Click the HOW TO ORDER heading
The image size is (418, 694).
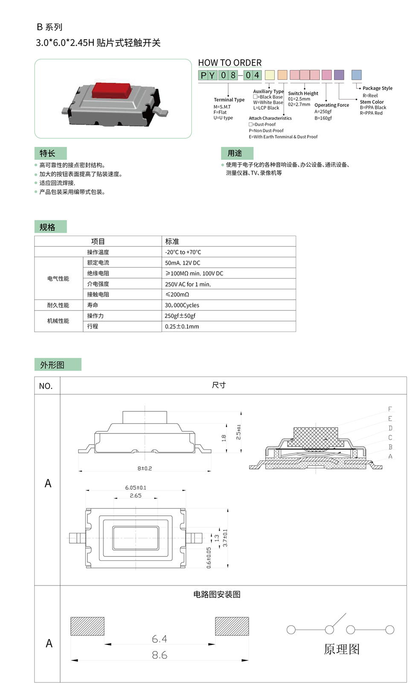[230, 63]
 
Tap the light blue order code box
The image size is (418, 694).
[357, 75]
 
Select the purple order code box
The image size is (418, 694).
[339, 75]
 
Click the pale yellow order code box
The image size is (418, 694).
[270, 75]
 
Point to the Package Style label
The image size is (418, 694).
[377, 88]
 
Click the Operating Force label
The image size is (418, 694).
[331, 105]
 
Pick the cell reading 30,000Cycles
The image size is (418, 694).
[182, 305]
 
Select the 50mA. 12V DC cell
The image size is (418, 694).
[183, 263]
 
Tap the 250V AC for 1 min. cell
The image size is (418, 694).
[188, 284]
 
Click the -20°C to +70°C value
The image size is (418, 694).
[183, 252]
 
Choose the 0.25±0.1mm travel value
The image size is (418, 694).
[182, 327]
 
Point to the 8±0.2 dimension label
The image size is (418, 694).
[145, 469]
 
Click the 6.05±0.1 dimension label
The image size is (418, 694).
[136, 488]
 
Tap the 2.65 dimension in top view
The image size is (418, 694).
[136, 496]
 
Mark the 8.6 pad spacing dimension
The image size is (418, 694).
[160, 655]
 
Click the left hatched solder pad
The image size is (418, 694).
[87, 626]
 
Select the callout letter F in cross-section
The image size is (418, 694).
[390, 409]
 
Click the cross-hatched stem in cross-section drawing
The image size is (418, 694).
[315, 438]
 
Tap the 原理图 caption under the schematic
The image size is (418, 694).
[342, 649]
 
